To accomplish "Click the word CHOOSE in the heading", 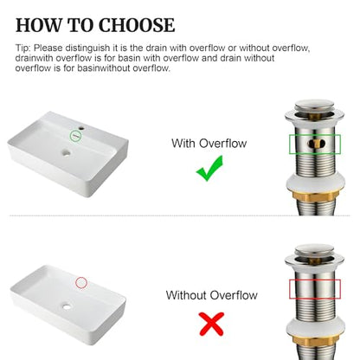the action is coord(137,25).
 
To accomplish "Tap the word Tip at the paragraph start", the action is coord(22,48).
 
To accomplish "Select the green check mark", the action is coord(209,168).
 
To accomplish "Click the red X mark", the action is coord(212,324).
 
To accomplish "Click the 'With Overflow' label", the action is coord(209,143).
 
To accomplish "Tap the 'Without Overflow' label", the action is coord(212,295).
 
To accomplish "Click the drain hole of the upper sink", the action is coord(66,152).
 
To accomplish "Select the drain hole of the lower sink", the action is coord(67,306).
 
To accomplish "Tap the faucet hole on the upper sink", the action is coord(82,126).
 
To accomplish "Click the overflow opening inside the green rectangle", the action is coord(315,144).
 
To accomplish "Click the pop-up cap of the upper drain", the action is coord(314,106).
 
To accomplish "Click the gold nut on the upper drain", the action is coord(314,196).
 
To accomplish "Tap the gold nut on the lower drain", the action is coord(314,340).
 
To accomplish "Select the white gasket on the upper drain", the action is coord(314,183).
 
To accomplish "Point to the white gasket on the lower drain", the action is coord(314,328).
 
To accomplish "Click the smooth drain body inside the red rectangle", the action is coord(315,289).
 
